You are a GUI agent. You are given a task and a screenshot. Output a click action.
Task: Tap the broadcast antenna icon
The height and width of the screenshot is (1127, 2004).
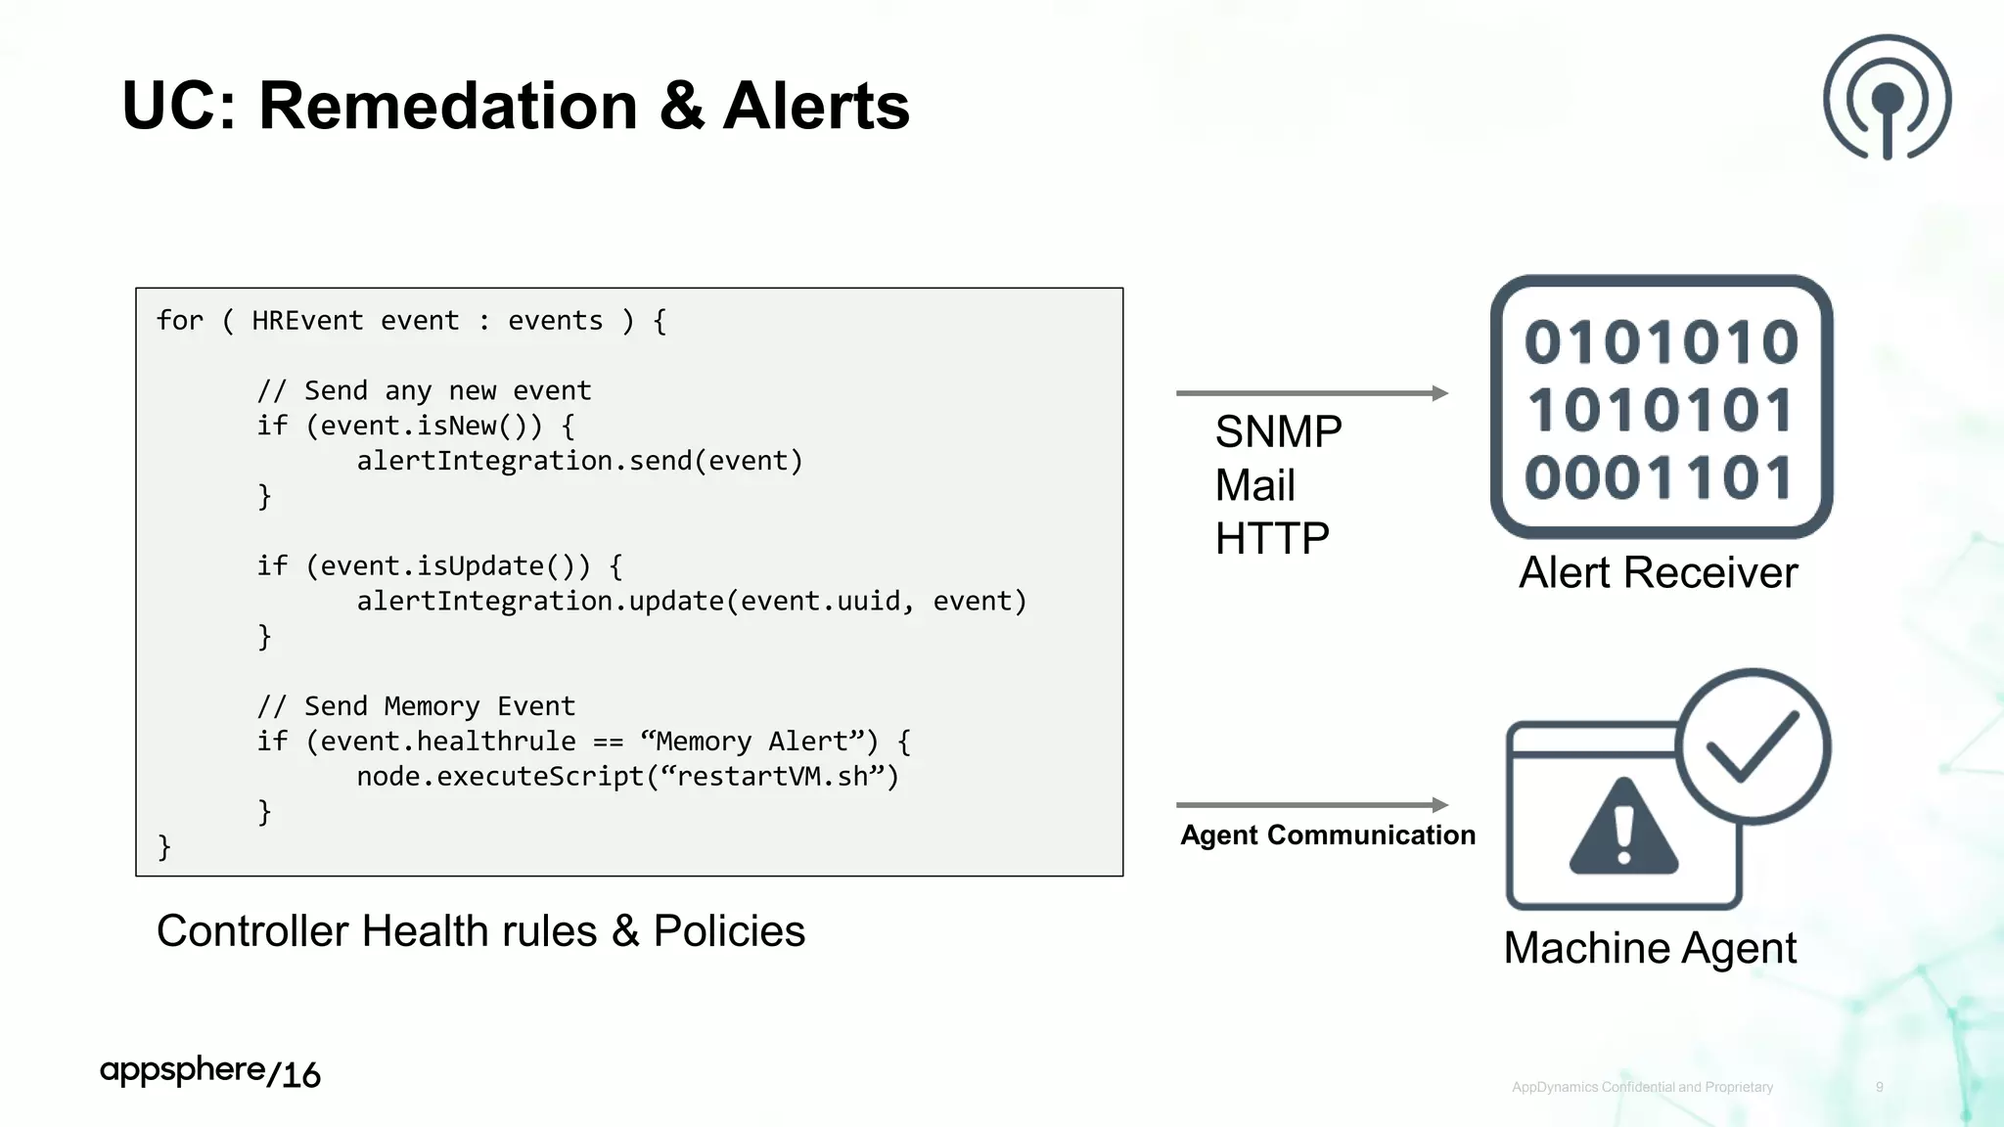1887,98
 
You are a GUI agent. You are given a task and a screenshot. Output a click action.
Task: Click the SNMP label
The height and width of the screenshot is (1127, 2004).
1278,431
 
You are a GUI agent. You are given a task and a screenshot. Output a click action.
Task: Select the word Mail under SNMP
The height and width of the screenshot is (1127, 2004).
1254,485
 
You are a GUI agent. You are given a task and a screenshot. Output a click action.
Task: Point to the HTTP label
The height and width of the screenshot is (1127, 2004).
1271,538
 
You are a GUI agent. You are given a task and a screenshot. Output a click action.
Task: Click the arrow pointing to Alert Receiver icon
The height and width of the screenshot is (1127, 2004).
1311,393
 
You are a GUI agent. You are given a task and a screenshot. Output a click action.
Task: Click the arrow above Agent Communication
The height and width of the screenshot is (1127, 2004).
1311,805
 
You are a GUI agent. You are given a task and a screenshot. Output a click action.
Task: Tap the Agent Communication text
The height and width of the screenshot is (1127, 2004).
1327,834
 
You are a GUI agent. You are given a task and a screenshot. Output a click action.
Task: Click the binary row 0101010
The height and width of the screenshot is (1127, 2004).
1661,342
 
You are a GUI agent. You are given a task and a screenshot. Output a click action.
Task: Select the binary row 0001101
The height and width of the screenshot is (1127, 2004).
1659,477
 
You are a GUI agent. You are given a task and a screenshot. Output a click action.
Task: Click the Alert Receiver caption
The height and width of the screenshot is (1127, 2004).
1658,572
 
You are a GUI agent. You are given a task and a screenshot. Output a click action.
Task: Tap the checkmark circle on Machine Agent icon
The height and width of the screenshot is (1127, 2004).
1753,745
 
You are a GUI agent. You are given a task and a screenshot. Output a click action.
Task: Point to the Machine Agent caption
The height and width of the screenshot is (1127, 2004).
1650,948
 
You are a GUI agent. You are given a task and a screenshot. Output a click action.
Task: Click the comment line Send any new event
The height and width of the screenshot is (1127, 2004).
424,390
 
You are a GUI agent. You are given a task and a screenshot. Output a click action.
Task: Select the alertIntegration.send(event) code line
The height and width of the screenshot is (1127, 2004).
579,461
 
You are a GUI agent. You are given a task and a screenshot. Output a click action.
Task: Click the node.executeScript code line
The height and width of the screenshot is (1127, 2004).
626,776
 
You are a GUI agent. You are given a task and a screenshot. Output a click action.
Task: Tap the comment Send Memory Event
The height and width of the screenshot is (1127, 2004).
416,705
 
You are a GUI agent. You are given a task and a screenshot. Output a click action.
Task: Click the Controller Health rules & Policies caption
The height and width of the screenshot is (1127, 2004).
480,930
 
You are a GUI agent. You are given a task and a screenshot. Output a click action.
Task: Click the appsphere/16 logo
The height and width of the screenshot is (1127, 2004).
209,1072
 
